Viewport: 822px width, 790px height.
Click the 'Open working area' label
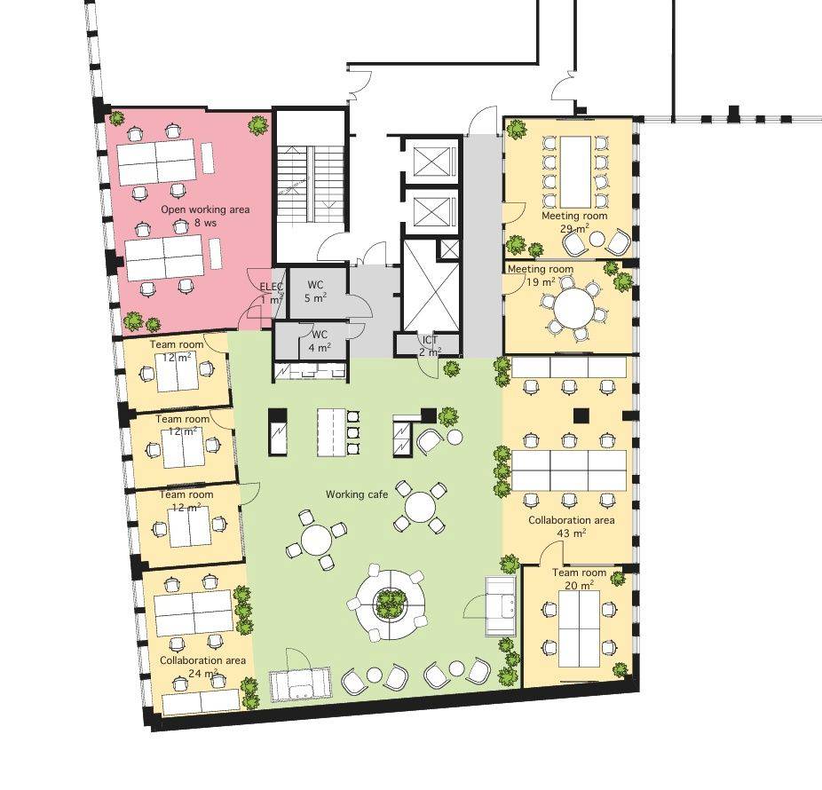coord(205,209)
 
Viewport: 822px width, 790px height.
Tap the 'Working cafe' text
coord(357,494)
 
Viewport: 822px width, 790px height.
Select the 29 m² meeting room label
coord(574,222)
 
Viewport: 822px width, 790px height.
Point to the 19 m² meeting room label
coord(541,275)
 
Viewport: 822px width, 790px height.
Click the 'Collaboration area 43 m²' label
coord(572,526)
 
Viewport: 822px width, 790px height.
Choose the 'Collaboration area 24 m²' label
coord(203,667)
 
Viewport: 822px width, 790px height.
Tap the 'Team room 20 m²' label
coord(580,579)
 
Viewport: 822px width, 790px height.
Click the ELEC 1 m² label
coord(272,294)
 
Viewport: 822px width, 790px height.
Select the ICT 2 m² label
coord(430,346)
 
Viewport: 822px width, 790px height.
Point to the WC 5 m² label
coord(315,291)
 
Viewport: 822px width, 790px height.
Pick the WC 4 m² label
coord(320,341)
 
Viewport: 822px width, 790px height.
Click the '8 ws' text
coord(205,223)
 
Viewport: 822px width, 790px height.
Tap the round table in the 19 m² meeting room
coord(574,309)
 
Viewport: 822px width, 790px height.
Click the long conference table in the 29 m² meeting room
coord(575,171)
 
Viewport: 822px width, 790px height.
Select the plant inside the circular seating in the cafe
coord(389,604)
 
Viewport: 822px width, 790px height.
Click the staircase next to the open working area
coord(311,186)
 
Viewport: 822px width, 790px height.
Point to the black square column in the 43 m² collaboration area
coord(581,415)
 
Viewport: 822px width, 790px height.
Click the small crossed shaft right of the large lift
coord(449,249)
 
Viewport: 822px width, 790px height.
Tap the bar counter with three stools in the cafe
coord(331,432)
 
